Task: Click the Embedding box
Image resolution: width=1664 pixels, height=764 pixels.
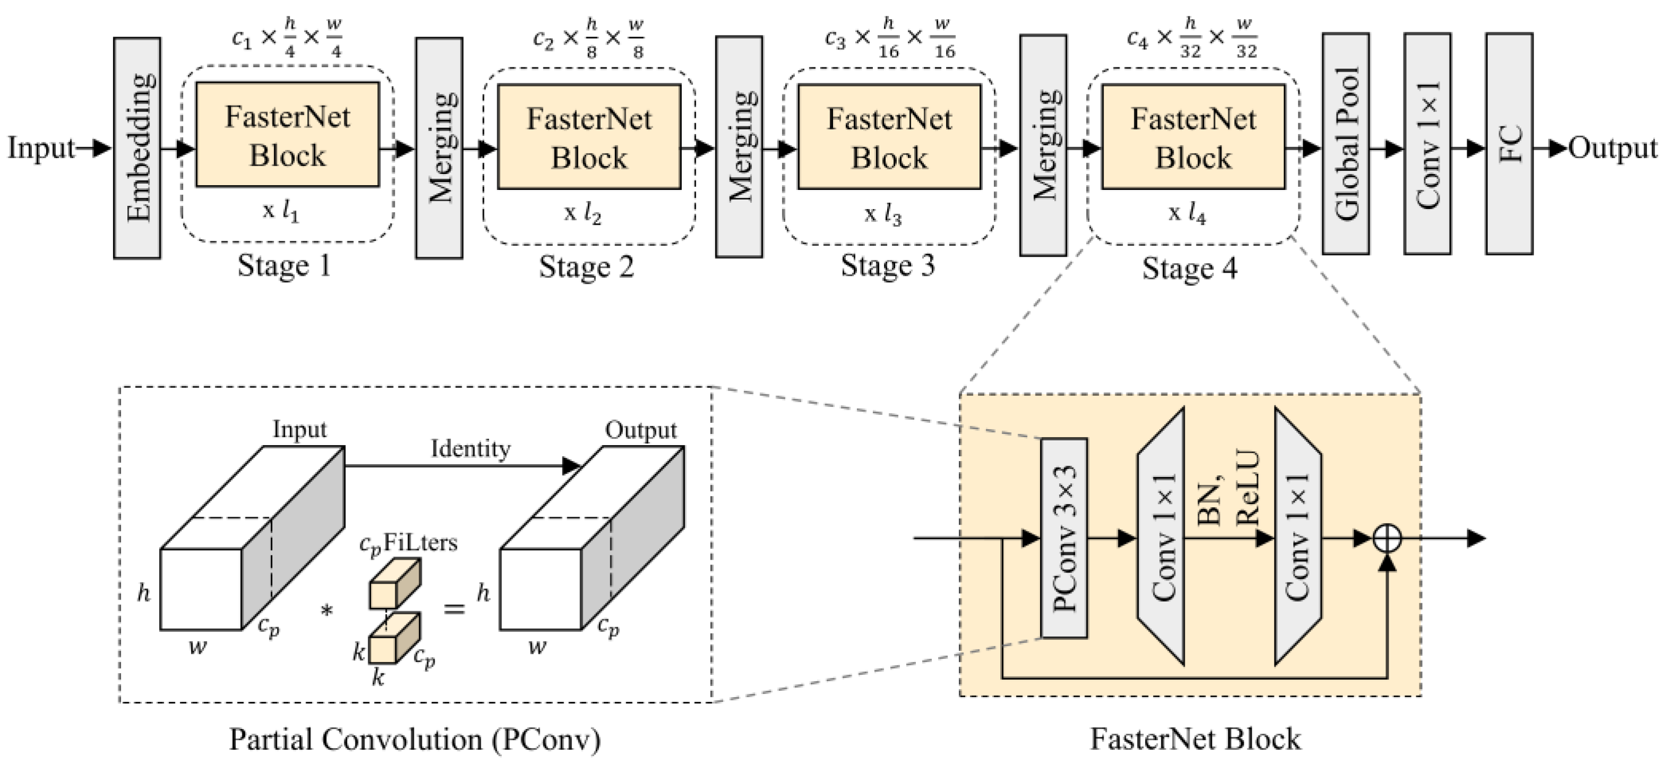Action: pyautogui.click(x=137, y=148)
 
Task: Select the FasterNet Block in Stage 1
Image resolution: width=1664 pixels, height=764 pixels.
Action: pyautogui.click(x=288, y=135)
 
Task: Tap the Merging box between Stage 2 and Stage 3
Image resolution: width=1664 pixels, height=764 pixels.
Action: pyautogui.click(x=739, y=146)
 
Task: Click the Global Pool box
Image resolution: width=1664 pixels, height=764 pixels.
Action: pyautogui.click(x=1346, y=144)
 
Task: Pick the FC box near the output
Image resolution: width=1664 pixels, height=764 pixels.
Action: pyautogui.click(x=1509, y=144)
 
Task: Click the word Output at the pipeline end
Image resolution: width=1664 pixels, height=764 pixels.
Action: pyautogui.click(x=1613, y=148)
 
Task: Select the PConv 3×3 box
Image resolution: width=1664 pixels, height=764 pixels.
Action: pyautogui.click(x=1064, y=538)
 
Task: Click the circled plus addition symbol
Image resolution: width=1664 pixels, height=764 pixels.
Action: pyautogui.click(x=1387, y=538)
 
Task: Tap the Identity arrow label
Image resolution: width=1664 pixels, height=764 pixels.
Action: pyautogui.click(x=470, y=448)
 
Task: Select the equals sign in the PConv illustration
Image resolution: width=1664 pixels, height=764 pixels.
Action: pyautogui.click(x=454, y=607)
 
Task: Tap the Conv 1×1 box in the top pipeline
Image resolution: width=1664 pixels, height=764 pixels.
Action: pyautogui.click(x=1427, y=144)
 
